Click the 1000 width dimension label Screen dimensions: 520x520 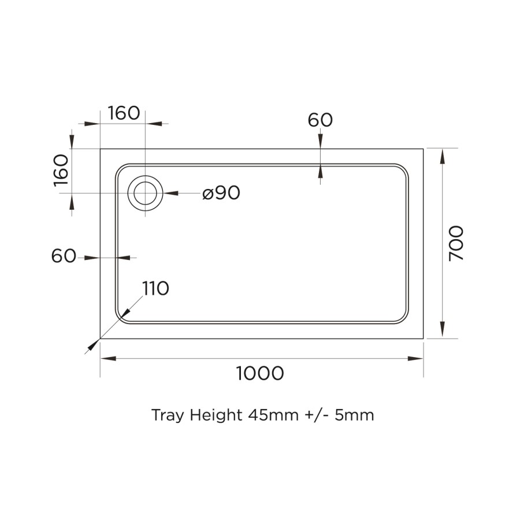[x=260, y=374]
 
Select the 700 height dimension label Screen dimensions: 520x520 [x=456, y=243]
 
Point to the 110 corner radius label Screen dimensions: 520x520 [x=156, y=288]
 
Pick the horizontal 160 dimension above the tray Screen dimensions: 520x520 [x=124, y=113]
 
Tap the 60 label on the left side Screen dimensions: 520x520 [x=64, y=256]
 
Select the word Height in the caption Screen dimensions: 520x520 [x=213, y=415]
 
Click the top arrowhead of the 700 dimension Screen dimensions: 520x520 [x=443, y=156]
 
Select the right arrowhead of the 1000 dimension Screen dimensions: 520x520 [x=416, y=359]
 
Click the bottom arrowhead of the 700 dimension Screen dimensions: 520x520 [x=443, y=330]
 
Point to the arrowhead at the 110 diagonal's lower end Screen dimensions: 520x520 [x=91, y=347]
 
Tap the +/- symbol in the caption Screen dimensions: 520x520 [x=316, y=415]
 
